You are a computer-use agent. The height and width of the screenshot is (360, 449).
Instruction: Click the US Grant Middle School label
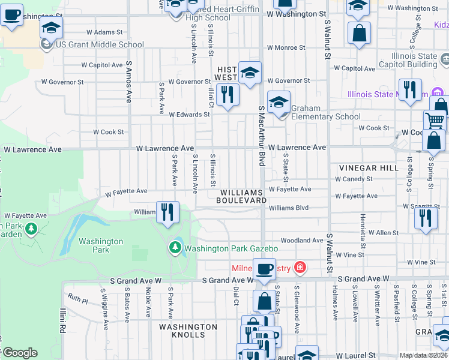[100, 44]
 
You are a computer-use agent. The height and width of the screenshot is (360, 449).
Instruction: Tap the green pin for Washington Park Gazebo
[175, 248]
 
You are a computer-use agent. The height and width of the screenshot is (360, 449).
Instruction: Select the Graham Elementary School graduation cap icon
[279, 102]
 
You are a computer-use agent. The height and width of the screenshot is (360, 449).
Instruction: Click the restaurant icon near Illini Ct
[228, 94]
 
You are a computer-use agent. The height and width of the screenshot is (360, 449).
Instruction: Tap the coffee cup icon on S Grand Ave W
[264, 269]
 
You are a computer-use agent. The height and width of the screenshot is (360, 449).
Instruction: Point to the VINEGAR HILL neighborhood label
[368, 168]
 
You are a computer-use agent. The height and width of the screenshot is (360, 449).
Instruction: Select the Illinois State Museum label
[388, 94]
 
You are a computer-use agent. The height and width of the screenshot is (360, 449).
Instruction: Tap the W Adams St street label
[104, 32]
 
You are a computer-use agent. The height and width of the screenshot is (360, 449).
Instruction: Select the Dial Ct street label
[235, 294]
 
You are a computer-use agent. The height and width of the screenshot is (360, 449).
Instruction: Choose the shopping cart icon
[435, 120]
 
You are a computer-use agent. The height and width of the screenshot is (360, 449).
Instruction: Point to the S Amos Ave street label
[128, 82]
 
